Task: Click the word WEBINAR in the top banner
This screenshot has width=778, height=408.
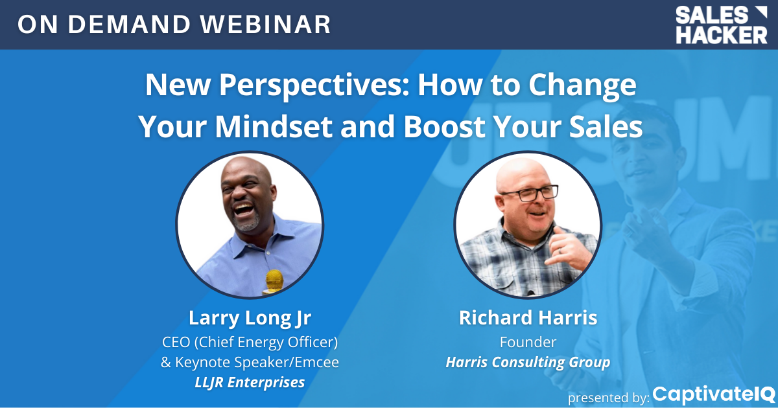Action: [x=265, y=25]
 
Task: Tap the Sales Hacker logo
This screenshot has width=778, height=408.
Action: [x=722, y=25]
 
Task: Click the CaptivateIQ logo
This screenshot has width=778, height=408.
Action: [x=714, y=395]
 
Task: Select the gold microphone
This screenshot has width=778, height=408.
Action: [x=274, y=282]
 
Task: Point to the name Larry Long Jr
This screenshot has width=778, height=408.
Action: [x=250, y=318]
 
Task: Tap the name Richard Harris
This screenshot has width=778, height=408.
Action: [x=528, y=317]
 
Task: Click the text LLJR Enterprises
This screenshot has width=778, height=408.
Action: [x=250, y=382]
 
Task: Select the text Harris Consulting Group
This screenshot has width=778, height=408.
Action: [x=528, y=362]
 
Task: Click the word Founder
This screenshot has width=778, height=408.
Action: [x=528, y=342]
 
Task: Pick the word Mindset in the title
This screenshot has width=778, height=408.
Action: [x=274, y=126]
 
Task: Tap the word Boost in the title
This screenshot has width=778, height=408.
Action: [x=444, y=126]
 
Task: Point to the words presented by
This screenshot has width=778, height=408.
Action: [x=609, y=398]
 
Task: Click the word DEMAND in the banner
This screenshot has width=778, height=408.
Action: [x=129, y=25]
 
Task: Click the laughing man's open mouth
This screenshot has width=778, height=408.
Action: [x=244, y=210]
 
